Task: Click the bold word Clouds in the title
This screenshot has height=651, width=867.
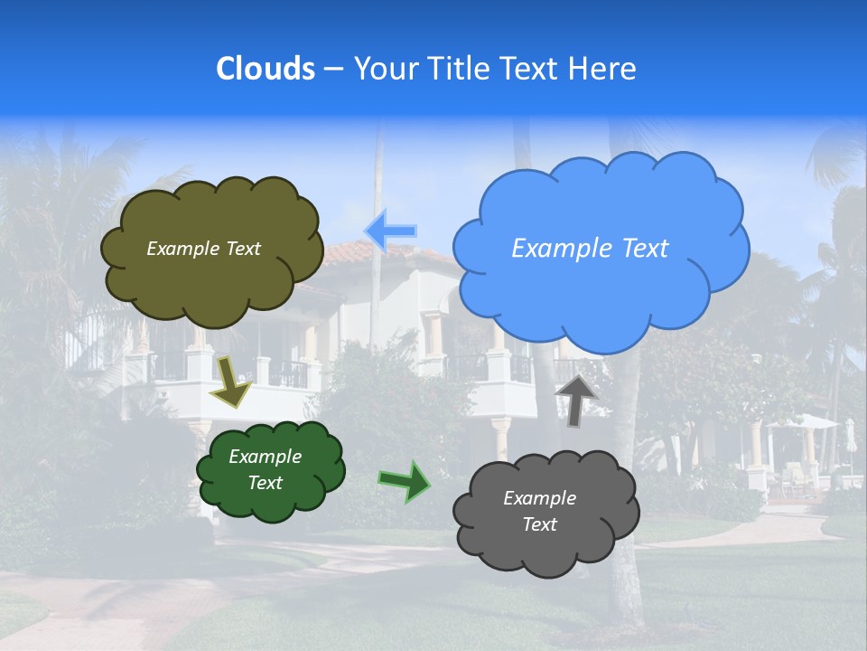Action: point(266,69)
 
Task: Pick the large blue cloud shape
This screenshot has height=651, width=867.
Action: point(601,289)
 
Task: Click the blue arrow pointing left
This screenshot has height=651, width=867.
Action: point(391,231)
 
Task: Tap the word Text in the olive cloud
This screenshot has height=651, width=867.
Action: point(242,249)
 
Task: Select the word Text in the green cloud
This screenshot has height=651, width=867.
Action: point(266,483)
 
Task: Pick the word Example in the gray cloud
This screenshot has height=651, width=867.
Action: point(539,498)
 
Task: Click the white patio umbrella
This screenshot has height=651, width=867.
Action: point(804,422)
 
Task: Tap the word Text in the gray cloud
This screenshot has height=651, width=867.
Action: point(539,524)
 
